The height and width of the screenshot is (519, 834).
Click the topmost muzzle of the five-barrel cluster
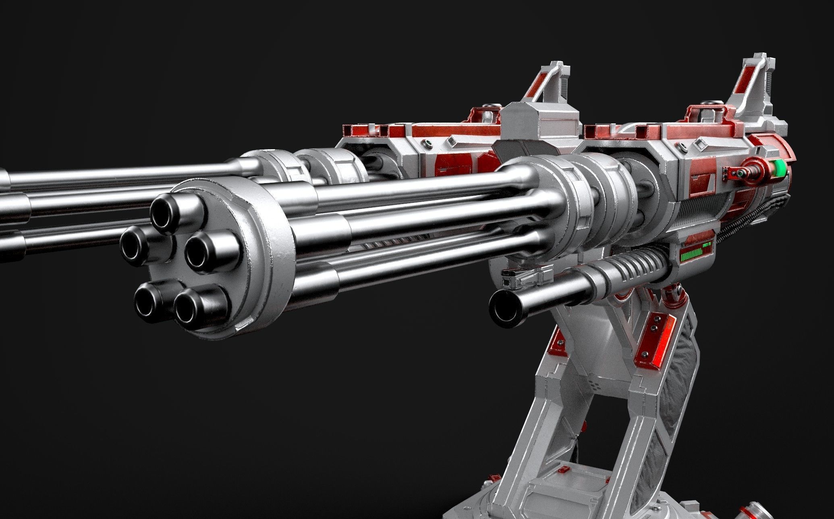pyautogui.click(x=166, y=212)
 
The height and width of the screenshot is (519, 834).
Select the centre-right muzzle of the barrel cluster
pyautogui.click(x=201, y=252)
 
